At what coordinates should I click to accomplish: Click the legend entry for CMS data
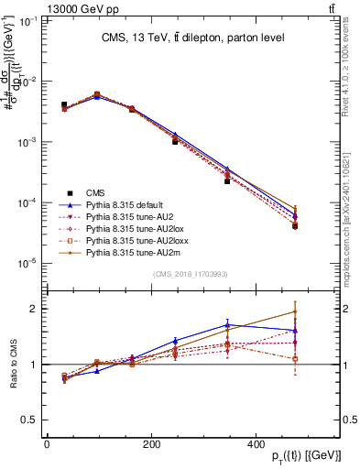[x=94, y=192]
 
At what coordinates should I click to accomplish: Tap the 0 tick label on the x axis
[x=47, y=445]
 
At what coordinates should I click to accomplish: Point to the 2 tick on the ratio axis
[x=35, y=309]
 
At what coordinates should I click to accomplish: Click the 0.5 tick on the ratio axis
[x=30, y=420]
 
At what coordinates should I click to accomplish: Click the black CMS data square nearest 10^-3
[x=175, y=142]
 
